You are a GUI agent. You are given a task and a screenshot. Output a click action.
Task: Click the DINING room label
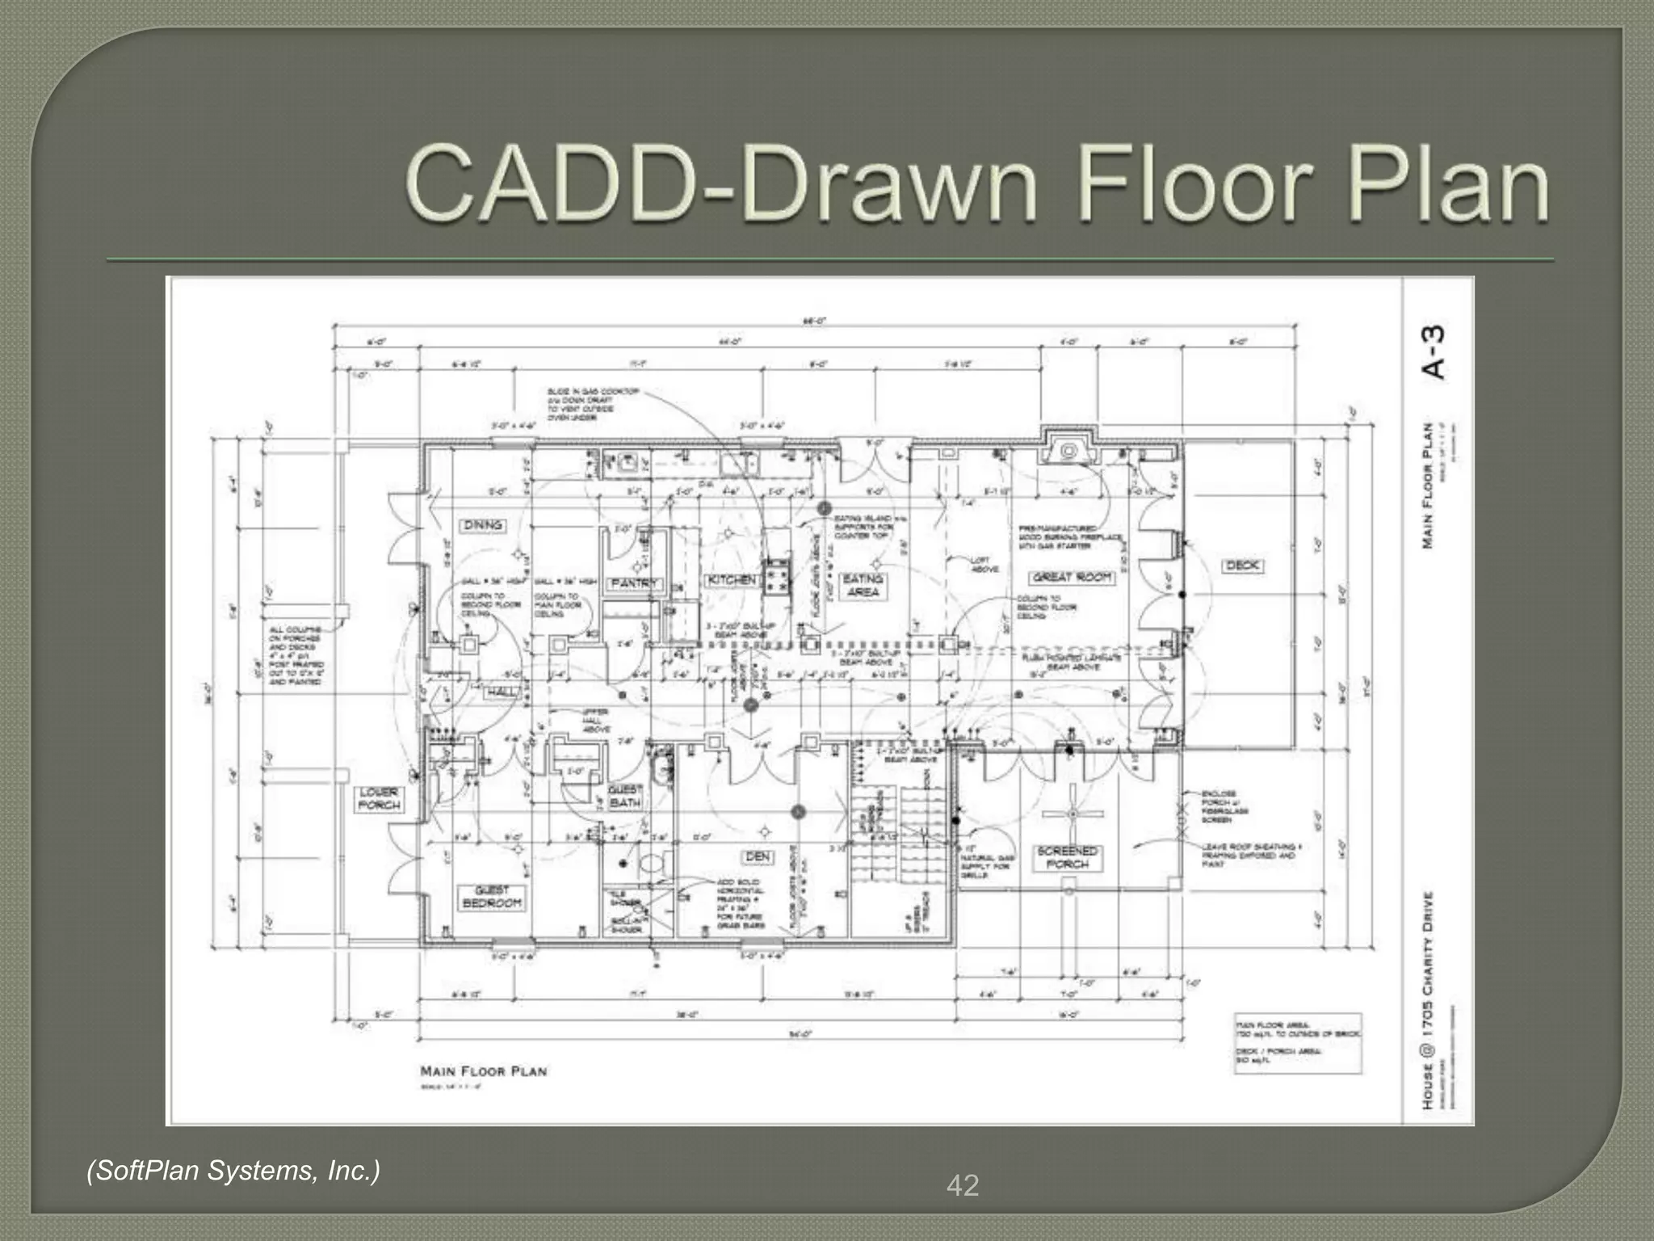point(484,525)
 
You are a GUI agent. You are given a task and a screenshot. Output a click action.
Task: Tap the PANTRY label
point(635,583)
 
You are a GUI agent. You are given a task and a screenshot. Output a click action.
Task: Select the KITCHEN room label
point(733,579)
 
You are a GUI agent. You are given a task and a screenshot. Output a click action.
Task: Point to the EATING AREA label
point(863,585)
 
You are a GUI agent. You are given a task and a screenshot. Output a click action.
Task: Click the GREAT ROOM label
point(1073,577)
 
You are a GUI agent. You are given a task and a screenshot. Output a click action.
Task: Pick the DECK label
point(1242,566)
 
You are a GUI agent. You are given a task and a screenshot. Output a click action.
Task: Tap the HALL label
point(502,692)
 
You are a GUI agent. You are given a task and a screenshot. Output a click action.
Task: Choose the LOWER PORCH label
point(379,798)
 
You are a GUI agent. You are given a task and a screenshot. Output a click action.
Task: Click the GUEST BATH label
point(625,796)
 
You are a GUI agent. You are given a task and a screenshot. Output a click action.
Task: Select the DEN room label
point(758,856)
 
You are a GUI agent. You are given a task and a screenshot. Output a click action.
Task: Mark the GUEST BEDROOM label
point(492,896)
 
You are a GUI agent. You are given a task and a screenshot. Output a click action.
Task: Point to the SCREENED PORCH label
point(1068,857)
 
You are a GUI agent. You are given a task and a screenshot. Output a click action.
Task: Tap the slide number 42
point(963,1185)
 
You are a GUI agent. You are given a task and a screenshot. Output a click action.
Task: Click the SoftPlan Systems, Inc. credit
point(233,1170)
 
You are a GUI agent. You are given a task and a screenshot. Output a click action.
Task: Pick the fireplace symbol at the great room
point(1068,451)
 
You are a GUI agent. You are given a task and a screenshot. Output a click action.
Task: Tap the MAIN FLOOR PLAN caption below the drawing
point(484,1071)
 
